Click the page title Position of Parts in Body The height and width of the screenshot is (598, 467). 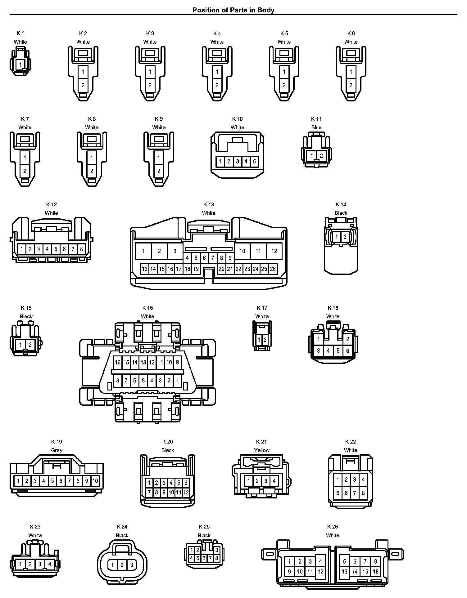click(x=233, y=10)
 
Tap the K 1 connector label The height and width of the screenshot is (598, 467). click(x=20, y=33)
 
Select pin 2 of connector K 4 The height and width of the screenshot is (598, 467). click(x=217, y=85)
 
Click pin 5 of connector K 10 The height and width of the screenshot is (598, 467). click(x=254, y=161)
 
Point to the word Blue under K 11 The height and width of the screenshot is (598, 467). click(x=316, y=127)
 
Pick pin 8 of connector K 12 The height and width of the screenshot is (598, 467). click(x=81, y=249)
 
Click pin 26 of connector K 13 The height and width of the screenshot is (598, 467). click(x=273, y=269)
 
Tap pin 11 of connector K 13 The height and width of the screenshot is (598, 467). click(x=258, y=251)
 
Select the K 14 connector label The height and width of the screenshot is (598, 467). click(x=341, y=204)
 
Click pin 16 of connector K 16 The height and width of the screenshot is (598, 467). click(x=117, y=362)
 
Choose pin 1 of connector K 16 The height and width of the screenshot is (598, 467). click(x=177, y=380)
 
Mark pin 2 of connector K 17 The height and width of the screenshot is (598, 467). click(x=265, y=340)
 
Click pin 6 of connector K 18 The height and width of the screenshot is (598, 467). click(x=347, y=351)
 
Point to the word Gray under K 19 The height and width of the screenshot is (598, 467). click(x=57, y=450)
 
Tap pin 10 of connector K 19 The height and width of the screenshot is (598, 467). click(x=95, y=481)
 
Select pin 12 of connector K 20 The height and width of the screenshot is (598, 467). click(x=186, y=492)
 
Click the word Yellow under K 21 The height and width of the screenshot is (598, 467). click(x=261, y=450)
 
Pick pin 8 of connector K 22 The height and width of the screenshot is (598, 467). click(x=363, y=493)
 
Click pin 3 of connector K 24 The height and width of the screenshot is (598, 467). click(x=131, y=565)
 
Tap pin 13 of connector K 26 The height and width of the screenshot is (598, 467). click(x=344, y=572)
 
